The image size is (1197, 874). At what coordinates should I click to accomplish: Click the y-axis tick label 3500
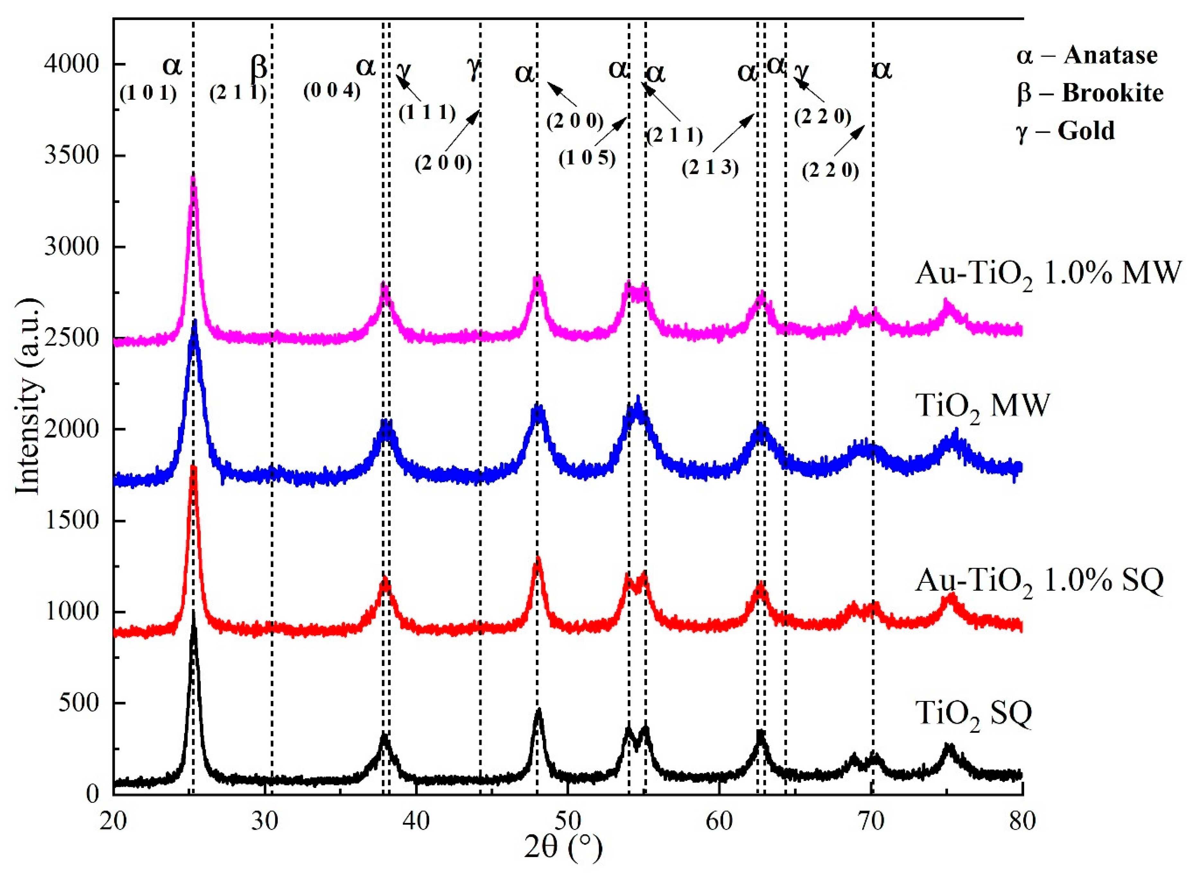[71, 156]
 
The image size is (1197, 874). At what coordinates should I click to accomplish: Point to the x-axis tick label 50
[568, 823]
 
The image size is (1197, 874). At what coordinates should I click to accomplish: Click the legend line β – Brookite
[1089, 93]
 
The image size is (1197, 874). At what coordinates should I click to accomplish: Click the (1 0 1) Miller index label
[148, 94]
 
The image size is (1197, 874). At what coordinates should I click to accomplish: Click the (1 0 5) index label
[587, 158]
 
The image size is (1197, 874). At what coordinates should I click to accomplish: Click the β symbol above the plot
[259, 67]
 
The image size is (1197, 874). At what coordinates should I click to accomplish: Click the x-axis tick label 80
[1022, 823]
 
